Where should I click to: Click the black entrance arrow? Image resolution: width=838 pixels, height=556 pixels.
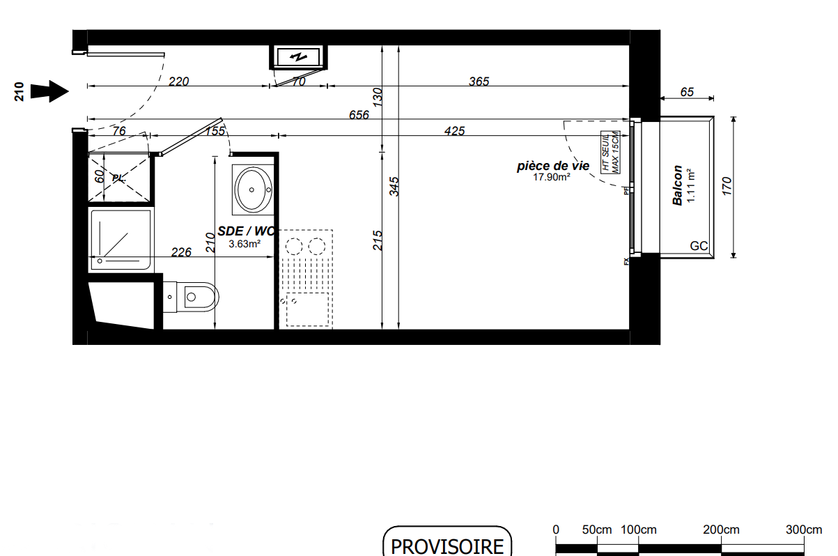(x=49, y=91)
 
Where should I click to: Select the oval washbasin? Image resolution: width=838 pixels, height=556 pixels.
(x=254, y=190)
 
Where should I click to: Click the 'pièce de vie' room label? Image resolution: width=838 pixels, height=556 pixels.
(x=553, y=166)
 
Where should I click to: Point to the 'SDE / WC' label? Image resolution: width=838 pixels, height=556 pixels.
(x=246, y=231)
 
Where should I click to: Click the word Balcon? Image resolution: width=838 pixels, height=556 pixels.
(x=678, y=185)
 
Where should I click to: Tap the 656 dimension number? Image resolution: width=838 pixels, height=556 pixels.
(x=359, y=114)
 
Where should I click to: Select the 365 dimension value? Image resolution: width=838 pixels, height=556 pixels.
(x=479, y=82)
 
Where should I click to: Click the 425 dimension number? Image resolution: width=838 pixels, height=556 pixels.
(x=455, y=131)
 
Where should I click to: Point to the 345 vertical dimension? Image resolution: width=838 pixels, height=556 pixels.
(x=394, y=186)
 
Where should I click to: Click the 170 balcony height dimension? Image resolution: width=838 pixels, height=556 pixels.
(x=727, y=186)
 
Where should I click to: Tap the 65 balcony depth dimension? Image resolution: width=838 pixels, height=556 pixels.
(x=687, y=92)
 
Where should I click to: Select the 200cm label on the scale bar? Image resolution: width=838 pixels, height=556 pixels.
(x=721, y=530)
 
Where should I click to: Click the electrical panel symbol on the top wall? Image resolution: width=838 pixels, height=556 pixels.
(x=299, y=57)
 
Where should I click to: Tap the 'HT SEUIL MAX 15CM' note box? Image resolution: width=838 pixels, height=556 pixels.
(x=610, y=153)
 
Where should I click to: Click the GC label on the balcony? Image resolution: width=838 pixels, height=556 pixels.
(x=699, y=246)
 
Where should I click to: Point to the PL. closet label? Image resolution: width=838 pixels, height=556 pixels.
(x=119, y=178)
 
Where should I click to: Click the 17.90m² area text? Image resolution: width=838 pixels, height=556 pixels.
(x=552, y=177)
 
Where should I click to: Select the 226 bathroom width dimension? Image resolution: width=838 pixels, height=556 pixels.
(x=181, y=252)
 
